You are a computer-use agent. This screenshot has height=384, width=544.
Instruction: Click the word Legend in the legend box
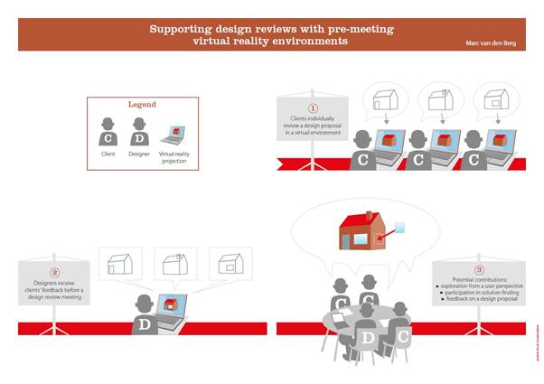click(x=142, y=106)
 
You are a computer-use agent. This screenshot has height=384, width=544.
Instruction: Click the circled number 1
click(x=313, y=108)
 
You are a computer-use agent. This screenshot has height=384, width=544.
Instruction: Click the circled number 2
click(x=53, y=272)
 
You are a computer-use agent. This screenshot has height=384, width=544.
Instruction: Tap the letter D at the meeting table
click(x=367, y=338)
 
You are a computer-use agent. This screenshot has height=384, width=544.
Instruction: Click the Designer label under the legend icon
click(x=140, y=155)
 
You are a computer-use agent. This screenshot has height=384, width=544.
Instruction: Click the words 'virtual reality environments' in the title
click(x=271, y=41)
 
